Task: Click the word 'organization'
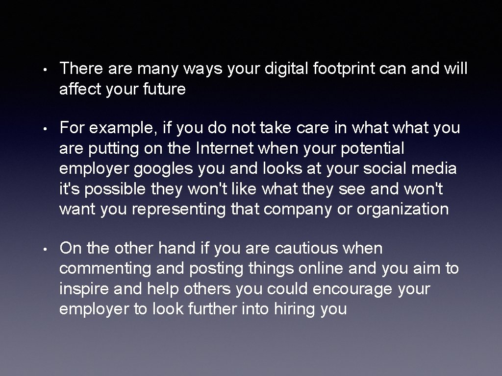tap(402, 210)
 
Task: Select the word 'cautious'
tap(306, 249)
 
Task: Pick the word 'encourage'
tap(352, 289)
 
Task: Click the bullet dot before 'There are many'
tap(44, 70)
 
